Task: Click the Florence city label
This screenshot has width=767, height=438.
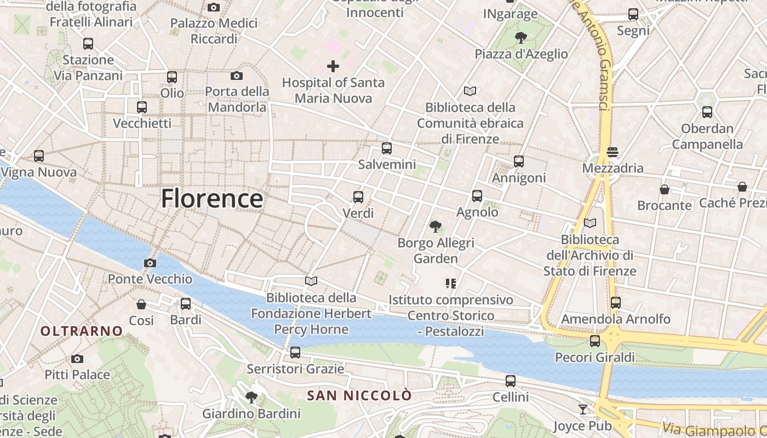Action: click(x=211, y=198)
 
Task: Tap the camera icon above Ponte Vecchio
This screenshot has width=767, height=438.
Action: click(x=150, y=263)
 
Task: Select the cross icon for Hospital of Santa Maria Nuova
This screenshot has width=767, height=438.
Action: click(x=333, y=67)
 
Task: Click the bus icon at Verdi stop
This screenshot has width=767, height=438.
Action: click(x=358, y=197)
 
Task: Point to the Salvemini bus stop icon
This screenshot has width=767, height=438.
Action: click(x=387, y=148)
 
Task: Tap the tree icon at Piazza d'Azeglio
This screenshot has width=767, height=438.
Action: click(x=520, y=38)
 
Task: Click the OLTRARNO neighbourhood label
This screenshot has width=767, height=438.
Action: click(x=81, y=331)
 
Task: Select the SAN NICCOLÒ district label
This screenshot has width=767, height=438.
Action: click(x=359, y=395)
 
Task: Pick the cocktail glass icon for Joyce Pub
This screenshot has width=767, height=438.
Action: click(x=582, y=410)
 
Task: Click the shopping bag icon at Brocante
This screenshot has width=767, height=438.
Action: click(x=665, y=189)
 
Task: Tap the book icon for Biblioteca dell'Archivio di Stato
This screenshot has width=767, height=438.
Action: click(x=590, y=223)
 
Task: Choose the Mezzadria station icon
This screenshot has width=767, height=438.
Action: click(x=612, y=152)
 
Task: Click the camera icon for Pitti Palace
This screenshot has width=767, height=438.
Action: click(x=77, y=359)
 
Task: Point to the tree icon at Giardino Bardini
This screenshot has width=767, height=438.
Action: click(x=251, y=397)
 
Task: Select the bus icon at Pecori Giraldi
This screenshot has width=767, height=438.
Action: click(x=595, y=341)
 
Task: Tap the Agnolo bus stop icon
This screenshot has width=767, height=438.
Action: click(x=477, y=196)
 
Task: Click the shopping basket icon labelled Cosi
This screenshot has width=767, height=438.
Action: click(x=141, y=304)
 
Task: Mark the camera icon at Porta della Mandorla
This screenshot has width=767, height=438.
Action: click(x=237, y=76)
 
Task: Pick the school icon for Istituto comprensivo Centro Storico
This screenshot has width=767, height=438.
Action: click(x=451, y=284)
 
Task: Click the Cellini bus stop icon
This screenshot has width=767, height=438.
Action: click(x=511, y=381)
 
